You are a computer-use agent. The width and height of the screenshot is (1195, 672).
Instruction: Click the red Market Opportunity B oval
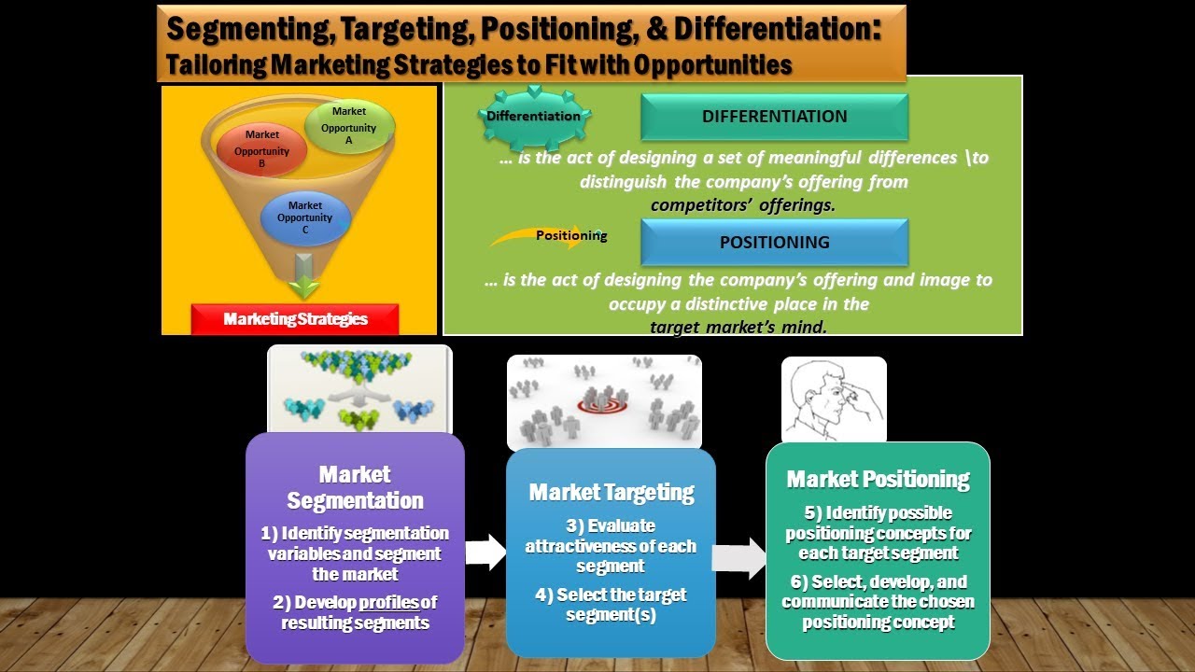(x=261, y=149)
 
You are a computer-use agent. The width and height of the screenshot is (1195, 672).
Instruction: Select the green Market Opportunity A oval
(x=349, y=126)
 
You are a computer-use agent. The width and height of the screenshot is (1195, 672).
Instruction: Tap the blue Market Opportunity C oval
(x=305, y=217)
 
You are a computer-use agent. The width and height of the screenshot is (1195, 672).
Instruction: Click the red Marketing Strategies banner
(x=295, y=319)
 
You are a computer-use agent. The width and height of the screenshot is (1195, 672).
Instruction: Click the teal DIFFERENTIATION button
(x=774, y=117)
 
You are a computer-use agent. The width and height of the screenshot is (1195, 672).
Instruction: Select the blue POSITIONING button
(x=774, y=242)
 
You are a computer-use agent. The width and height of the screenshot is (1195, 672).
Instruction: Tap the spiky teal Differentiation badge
(x=534, y=117)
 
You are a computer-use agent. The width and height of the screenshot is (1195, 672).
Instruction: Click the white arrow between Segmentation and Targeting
(x=485, y=553)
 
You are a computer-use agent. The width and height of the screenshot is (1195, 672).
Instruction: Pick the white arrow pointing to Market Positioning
(x=739, y=558)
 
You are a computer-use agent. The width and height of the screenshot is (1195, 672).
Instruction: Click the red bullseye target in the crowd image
(x=602, y=406)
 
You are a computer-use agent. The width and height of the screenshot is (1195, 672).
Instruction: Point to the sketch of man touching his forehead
(x=834, y=399)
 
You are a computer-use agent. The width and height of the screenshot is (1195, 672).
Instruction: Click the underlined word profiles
(x=389, y=603)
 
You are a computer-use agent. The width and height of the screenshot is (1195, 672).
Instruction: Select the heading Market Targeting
(x=612, y=493)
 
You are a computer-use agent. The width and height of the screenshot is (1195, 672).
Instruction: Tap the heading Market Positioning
(x=879, y=480)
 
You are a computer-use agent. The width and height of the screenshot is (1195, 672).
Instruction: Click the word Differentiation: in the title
(x=778, y=28)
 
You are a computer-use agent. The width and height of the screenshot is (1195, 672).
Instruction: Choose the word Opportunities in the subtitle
(x=712, y=65)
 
